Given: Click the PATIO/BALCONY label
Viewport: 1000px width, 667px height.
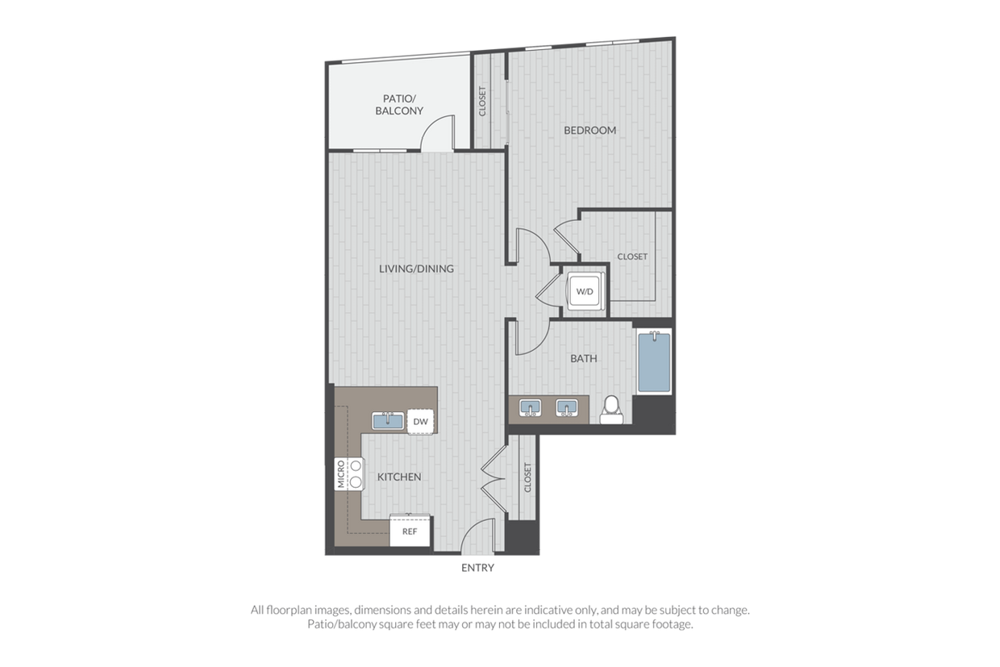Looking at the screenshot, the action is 399,105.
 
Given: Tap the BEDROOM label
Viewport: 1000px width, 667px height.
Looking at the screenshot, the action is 590,131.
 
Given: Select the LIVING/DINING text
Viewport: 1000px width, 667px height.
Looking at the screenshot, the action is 416,269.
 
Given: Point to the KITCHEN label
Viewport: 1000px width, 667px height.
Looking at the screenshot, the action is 399,477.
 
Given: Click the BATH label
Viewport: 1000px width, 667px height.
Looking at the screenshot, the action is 584,358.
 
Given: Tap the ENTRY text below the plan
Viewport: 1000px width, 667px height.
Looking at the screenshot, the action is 477,568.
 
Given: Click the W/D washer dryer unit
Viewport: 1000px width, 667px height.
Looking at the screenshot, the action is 585,291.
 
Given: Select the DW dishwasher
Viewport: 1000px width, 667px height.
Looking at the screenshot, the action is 420,422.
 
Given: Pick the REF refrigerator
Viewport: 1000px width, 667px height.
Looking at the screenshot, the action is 410,531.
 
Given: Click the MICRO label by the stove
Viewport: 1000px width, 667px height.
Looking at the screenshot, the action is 341,474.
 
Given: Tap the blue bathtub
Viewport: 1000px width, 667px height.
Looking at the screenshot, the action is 654,362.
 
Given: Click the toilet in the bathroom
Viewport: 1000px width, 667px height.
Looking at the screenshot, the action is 611,411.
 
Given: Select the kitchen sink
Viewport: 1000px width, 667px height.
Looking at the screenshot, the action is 388,421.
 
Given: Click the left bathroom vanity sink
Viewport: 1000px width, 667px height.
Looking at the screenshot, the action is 531,408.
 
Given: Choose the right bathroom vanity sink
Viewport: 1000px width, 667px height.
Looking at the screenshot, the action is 566,408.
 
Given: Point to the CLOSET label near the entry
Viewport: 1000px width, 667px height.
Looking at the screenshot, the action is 527,477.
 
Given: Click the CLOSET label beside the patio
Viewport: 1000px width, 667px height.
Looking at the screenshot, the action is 482,102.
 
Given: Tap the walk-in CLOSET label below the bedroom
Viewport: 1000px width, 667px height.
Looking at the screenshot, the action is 632,256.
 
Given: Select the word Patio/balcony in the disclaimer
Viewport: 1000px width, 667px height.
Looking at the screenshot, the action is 342,624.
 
